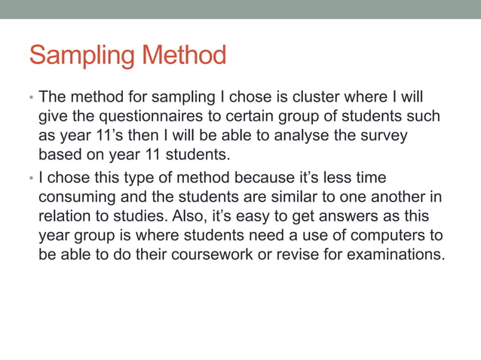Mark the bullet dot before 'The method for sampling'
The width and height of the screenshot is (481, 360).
pyautogui.click(x=31, y=99)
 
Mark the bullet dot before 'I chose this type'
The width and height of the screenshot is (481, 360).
pyautogui.click(x=31, y=178)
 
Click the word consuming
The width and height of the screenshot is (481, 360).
pyautogui.click(x=75, y=197)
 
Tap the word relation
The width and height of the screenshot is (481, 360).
pyautogui.click(x=66, y=217)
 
